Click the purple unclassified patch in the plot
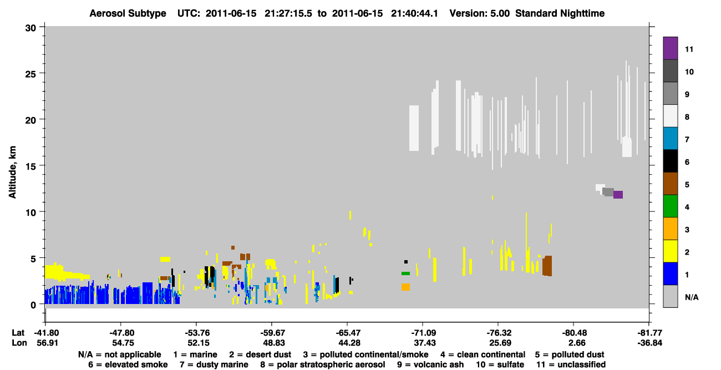(618, 195)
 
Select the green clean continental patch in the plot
(405, 273)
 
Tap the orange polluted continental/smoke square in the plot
(405, 287)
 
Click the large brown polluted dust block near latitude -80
(547, 266)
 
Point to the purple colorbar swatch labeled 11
(671, 48)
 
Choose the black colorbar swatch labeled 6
(671, 161)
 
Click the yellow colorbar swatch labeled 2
(671, 251)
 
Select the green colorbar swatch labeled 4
(671, 206)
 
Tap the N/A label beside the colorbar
(692, 297)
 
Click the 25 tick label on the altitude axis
(31, 74)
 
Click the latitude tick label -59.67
(271, 333)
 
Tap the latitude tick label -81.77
(649, 333)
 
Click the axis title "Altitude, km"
(12, 173)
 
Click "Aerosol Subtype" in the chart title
(128, 13)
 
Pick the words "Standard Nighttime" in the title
(560, 13)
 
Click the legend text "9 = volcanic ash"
(430, 364)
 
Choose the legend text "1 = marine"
(195, 354)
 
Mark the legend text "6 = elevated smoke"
(128, 364)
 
